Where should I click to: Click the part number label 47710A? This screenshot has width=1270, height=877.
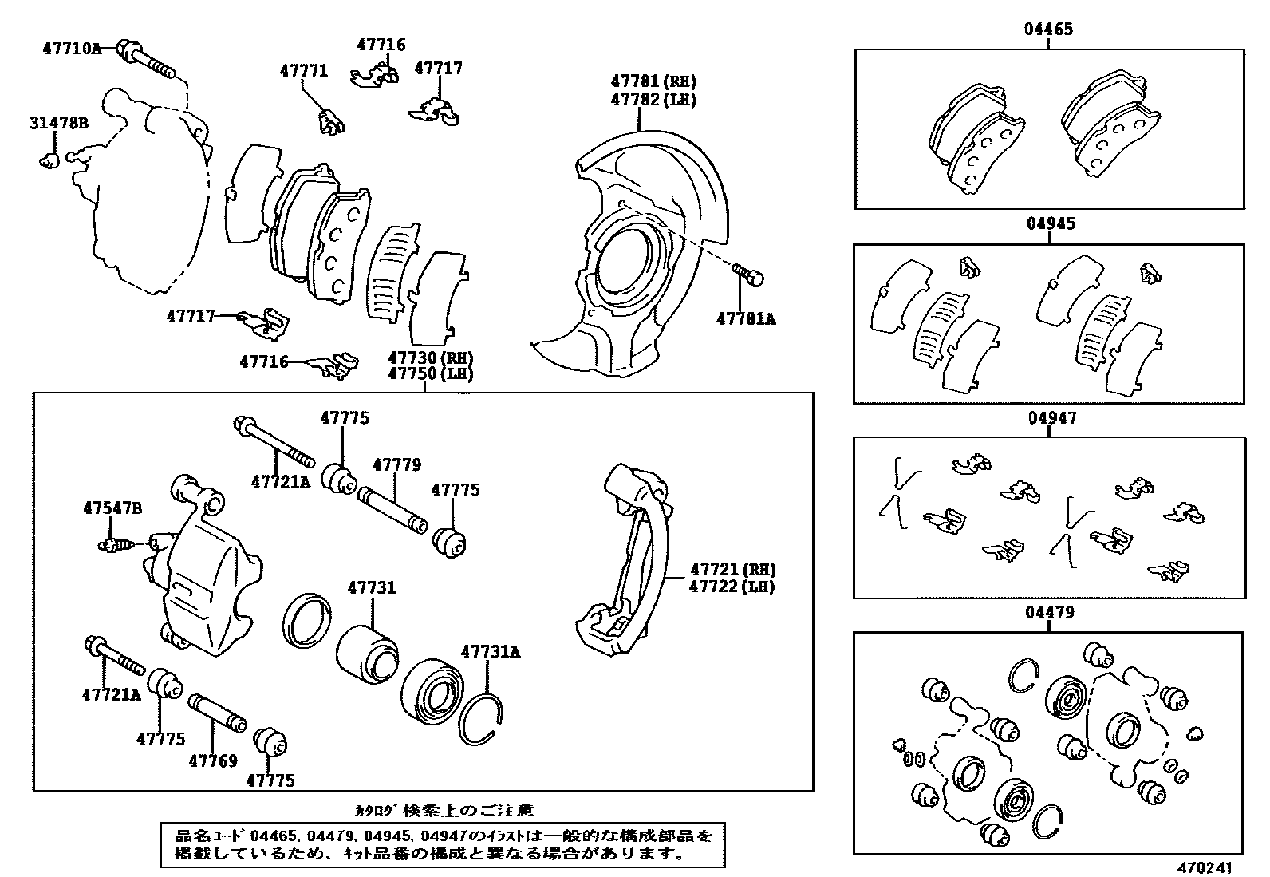(72, 49)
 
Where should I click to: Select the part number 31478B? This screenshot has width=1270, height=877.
(59, 123)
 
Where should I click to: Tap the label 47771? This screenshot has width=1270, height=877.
(303, 70)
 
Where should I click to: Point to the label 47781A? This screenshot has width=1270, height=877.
(746, 319)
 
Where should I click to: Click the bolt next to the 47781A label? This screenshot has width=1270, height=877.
(748, 275)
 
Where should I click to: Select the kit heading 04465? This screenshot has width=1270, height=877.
(1049, 30)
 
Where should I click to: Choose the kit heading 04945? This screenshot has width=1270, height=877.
(1049, 224)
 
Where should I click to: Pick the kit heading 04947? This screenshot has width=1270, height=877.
(1049, 418)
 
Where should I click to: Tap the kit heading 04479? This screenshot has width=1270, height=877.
(1049, 613)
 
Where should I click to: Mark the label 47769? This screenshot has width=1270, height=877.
(213, 760)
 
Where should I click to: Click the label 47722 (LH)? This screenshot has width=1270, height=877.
(732, 587)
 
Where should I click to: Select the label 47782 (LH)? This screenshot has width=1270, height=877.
(653, 100)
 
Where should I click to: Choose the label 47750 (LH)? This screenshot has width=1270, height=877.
(431, 374)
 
